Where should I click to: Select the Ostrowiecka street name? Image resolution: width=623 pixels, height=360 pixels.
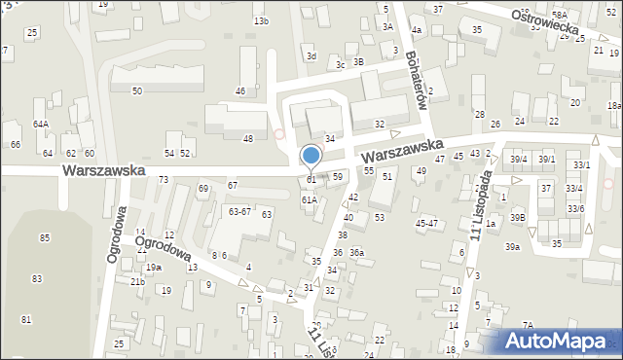click(549, 20)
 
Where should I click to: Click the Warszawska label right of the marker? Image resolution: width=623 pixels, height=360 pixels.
click(400, 150)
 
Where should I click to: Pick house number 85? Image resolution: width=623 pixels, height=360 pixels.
click(45, 237)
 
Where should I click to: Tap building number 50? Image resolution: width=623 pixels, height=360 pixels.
click(137, 90)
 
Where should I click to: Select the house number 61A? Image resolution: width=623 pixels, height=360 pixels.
click(309, 199)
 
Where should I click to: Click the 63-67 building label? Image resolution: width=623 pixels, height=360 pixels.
click(239, 210)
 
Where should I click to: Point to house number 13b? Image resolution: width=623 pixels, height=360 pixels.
click(261, 20)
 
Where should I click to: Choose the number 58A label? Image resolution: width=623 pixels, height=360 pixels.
click(559, 15)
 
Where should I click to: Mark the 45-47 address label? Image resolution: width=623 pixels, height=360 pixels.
click(425, 223)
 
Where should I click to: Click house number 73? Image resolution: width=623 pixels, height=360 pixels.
click(164, 180)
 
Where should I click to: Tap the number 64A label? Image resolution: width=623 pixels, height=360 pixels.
click(40, 125)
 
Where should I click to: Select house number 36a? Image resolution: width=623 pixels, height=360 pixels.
click(356, 253)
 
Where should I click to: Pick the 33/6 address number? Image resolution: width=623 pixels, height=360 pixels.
click(575, 209)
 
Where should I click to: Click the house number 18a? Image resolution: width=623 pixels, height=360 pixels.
click(613, 106)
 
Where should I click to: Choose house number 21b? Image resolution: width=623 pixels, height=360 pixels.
click(137, 282)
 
